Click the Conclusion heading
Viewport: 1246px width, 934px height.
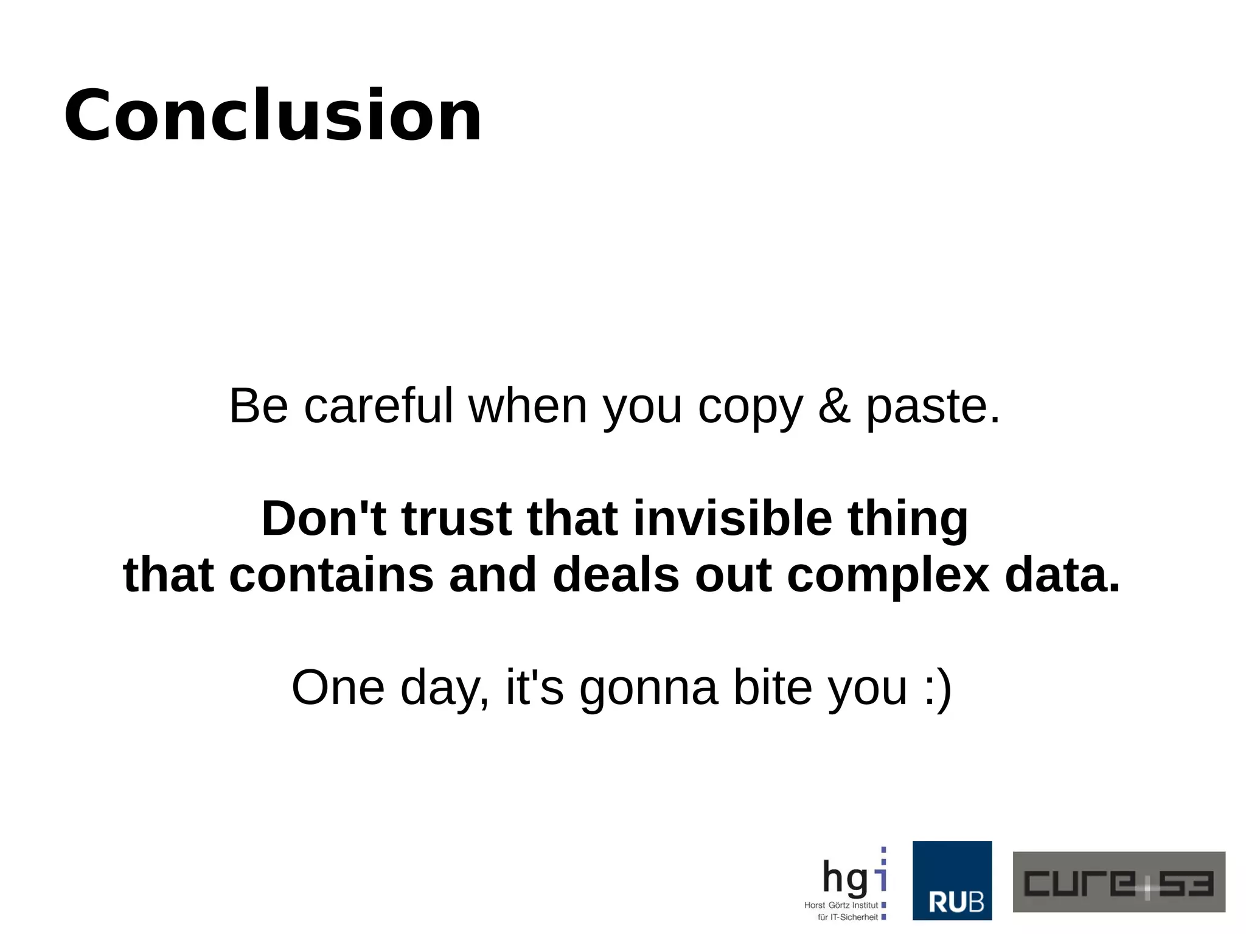pos(273,116)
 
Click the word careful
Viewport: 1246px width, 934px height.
pos(378,406)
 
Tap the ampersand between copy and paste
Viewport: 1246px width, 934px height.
pos(834,406)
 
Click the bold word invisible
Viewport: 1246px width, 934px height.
pos(733,518)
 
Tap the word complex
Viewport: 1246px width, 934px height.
pos(888,575)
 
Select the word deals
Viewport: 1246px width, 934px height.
pos(616,575)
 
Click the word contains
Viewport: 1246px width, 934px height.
pos(331,575)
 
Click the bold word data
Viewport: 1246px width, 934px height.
pos(1062,575)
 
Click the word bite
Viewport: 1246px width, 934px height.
pos(773,688)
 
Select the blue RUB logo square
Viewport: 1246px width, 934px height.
pos(952,880)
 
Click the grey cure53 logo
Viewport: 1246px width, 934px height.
pos(1118,882)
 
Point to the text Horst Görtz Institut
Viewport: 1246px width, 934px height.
pos(841,905)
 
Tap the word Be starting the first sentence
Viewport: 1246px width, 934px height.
pos(258,406)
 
